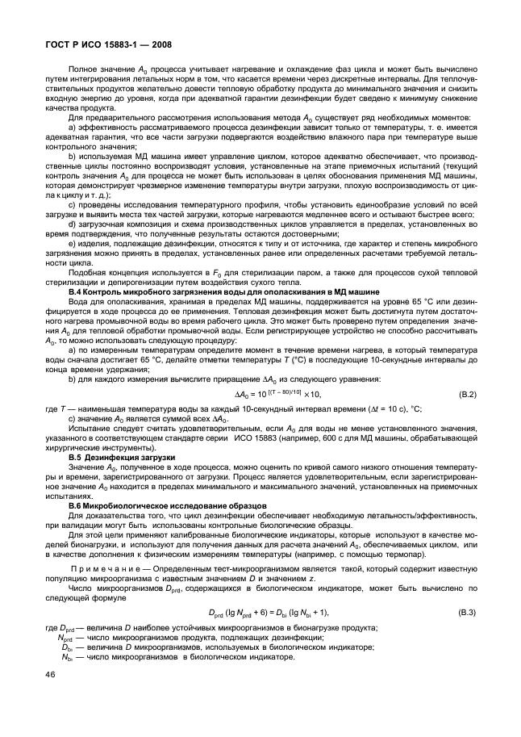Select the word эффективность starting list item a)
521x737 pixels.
tap(106, 128)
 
